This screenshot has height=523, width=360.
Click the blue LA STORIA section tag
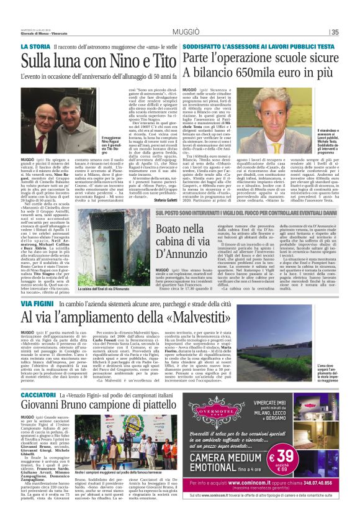point(35,47)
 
